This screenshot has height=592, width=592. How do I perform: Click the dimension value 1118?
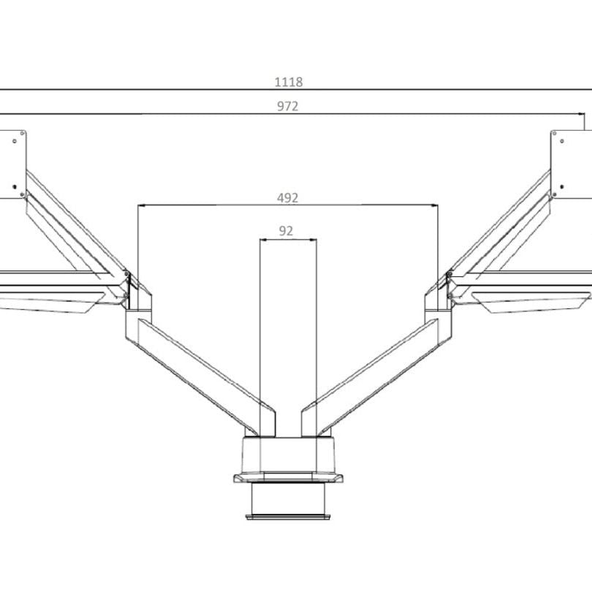(x=288, y=83)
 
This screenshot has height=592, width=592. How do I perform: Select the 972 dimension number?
(x=287, y=107)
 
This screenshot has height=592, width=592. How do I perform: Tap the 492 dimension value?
(x=287, y=198)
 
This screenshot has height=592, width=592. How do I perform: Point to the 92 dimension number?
(x=286, y=231)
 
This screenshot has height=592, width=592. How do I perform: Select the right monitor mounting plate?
(x=573, y=165)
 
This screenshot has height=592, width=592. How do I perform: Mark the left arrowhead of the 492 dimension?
(x=140, y=206)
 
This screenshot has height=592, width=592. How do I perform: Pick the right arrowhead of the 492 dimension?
(x=436, y=206)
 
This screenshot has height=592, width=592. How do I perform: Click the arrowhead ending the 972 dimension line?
(x=582, y=114)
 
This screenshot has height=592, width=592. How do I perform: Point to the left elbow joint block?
(x=137, y=307)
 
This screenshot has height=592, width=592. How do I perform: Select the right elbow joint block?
(x=441, y=307)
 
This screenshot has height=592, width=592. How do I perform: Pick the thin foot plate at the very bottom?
(x=288, y=517)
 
